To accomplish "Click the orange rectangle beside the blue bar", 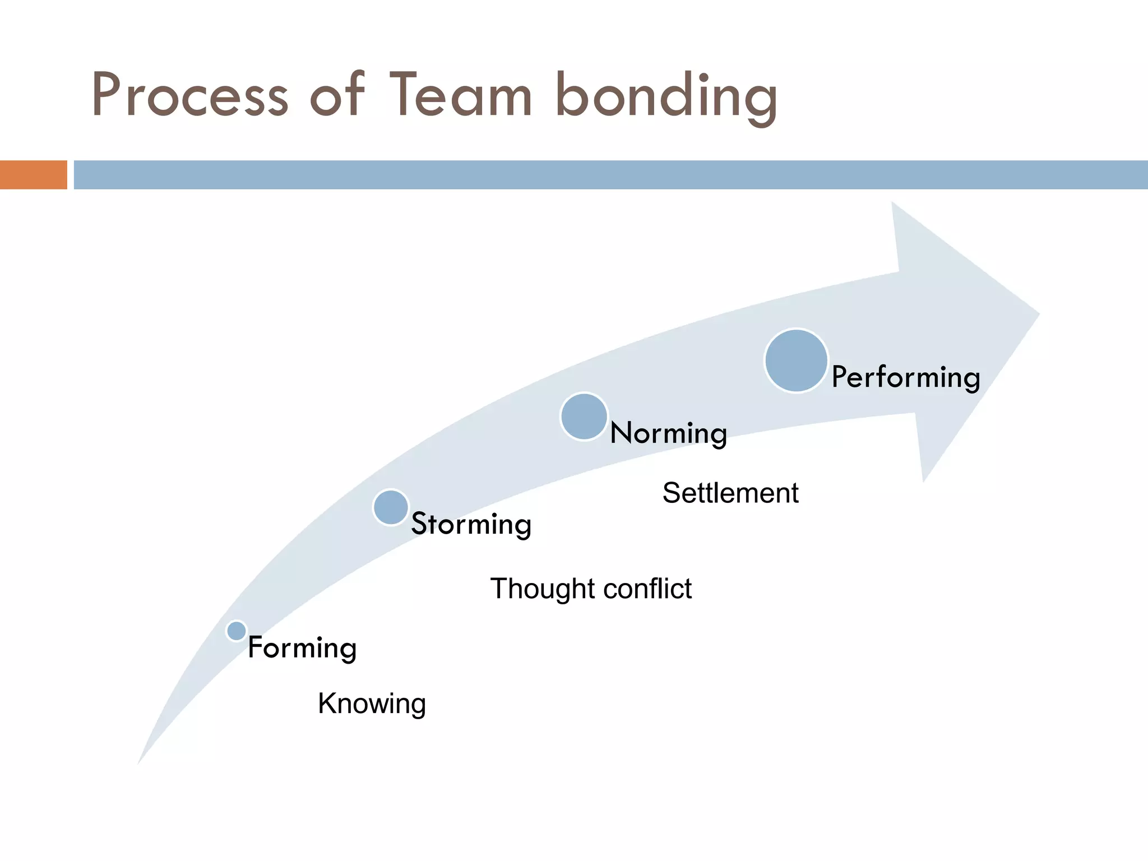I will [x=33, y=175].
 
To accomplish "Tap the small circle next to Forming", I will [x=237, y=631].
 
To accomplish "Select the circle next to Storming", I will [x=391, y=507].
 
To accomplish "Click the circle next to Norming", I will [x=584, y=416].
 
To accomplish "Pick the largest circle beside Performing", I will [x=796, y=360].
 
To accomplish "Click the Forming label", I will [x=302, y=648].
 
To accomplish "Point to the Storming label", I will [x=471, y=525].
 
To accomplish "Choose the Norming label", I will [x=668, y=434].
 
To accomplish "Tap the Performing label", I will [x=906, y=377].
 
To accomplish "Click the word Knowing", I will [x=372, y=703].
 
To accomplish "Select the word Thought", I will [x=542, y=589].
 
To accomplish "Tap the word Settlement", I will [x=730, y=493].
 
